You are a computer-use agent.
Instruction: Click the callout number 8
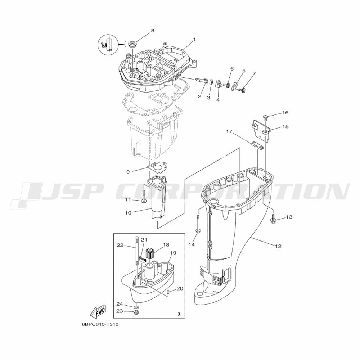click(x=152, y=30)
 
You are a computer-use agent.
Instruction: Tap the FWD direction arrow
click(x=98, y=311)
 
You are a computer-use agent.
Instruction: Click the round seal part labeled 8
click(x=132, y=44)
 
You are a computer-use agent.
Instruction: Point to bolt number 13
click(x=273, y=219)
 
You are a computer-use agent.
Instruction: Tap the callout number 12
click(x=278, y=246)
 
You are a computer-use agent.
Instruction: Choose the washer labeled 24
click(x=136, y=307)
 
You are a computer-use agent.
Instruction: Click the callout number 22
click(x=120, y=245)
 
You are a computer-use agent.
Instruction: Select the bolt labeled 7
click(x=242, y=89)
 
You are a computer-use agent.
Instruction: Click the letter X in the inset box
click(x=179, y=314)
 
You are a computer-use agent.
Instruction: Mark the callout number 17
click(x=229, y=131)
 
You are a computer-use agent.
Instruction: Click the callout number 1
click(x=194, y=40)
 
